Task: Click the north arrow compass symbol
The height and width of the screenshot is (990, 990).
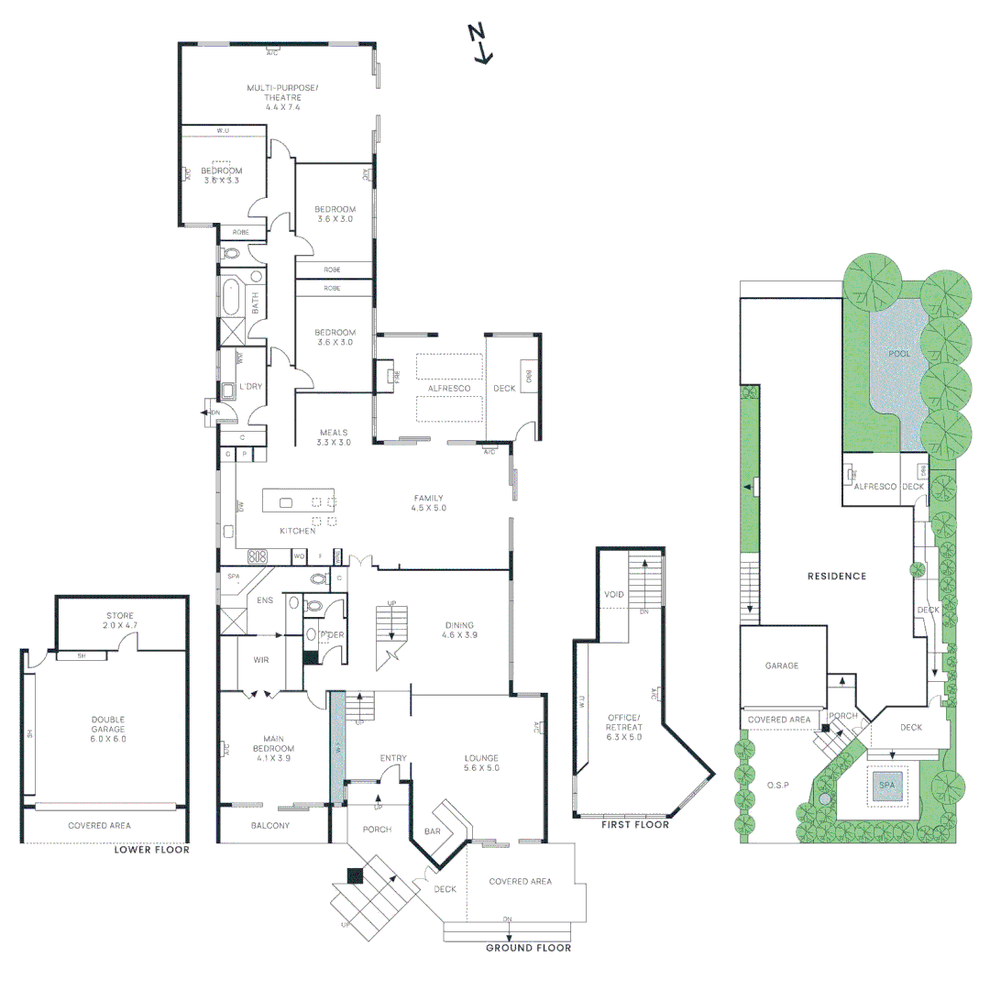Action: coord(479,44)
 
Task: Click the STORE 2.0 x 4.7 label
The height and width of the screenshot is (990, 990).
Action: coord(120,621)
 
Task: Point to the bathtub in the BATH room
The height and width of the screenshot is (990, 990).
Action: coord(229,298)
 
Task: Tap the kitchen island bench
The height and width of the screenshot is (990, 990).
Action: coord(299,501)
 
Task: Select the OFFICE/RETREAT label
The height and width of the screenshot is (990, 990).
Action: coord(624,726)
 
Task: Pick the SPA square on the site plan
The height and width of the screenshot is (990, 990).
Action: coord(887,786)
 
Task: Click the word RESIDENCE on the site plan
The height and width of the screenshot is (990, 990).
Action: coord(836,577)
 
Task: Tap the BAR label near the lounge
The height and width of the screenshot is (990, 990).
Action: coord(433,831)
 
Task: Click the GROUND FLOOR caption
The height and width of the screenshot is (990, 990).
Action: coord(528,948)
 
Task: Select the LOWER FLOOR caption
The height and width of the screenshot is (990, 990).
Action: coord(151,850)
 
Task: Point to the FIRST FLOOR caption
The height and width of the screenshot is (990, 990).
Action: coord(634,825)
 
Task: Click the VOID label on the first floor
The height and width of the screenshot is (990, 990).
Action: coord(614,595)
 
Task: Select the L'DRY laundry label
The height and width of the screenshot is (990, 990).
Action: coord(250,387)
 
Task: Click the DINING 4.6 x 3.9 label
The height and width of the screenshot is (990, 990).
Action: coord(459,630)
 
